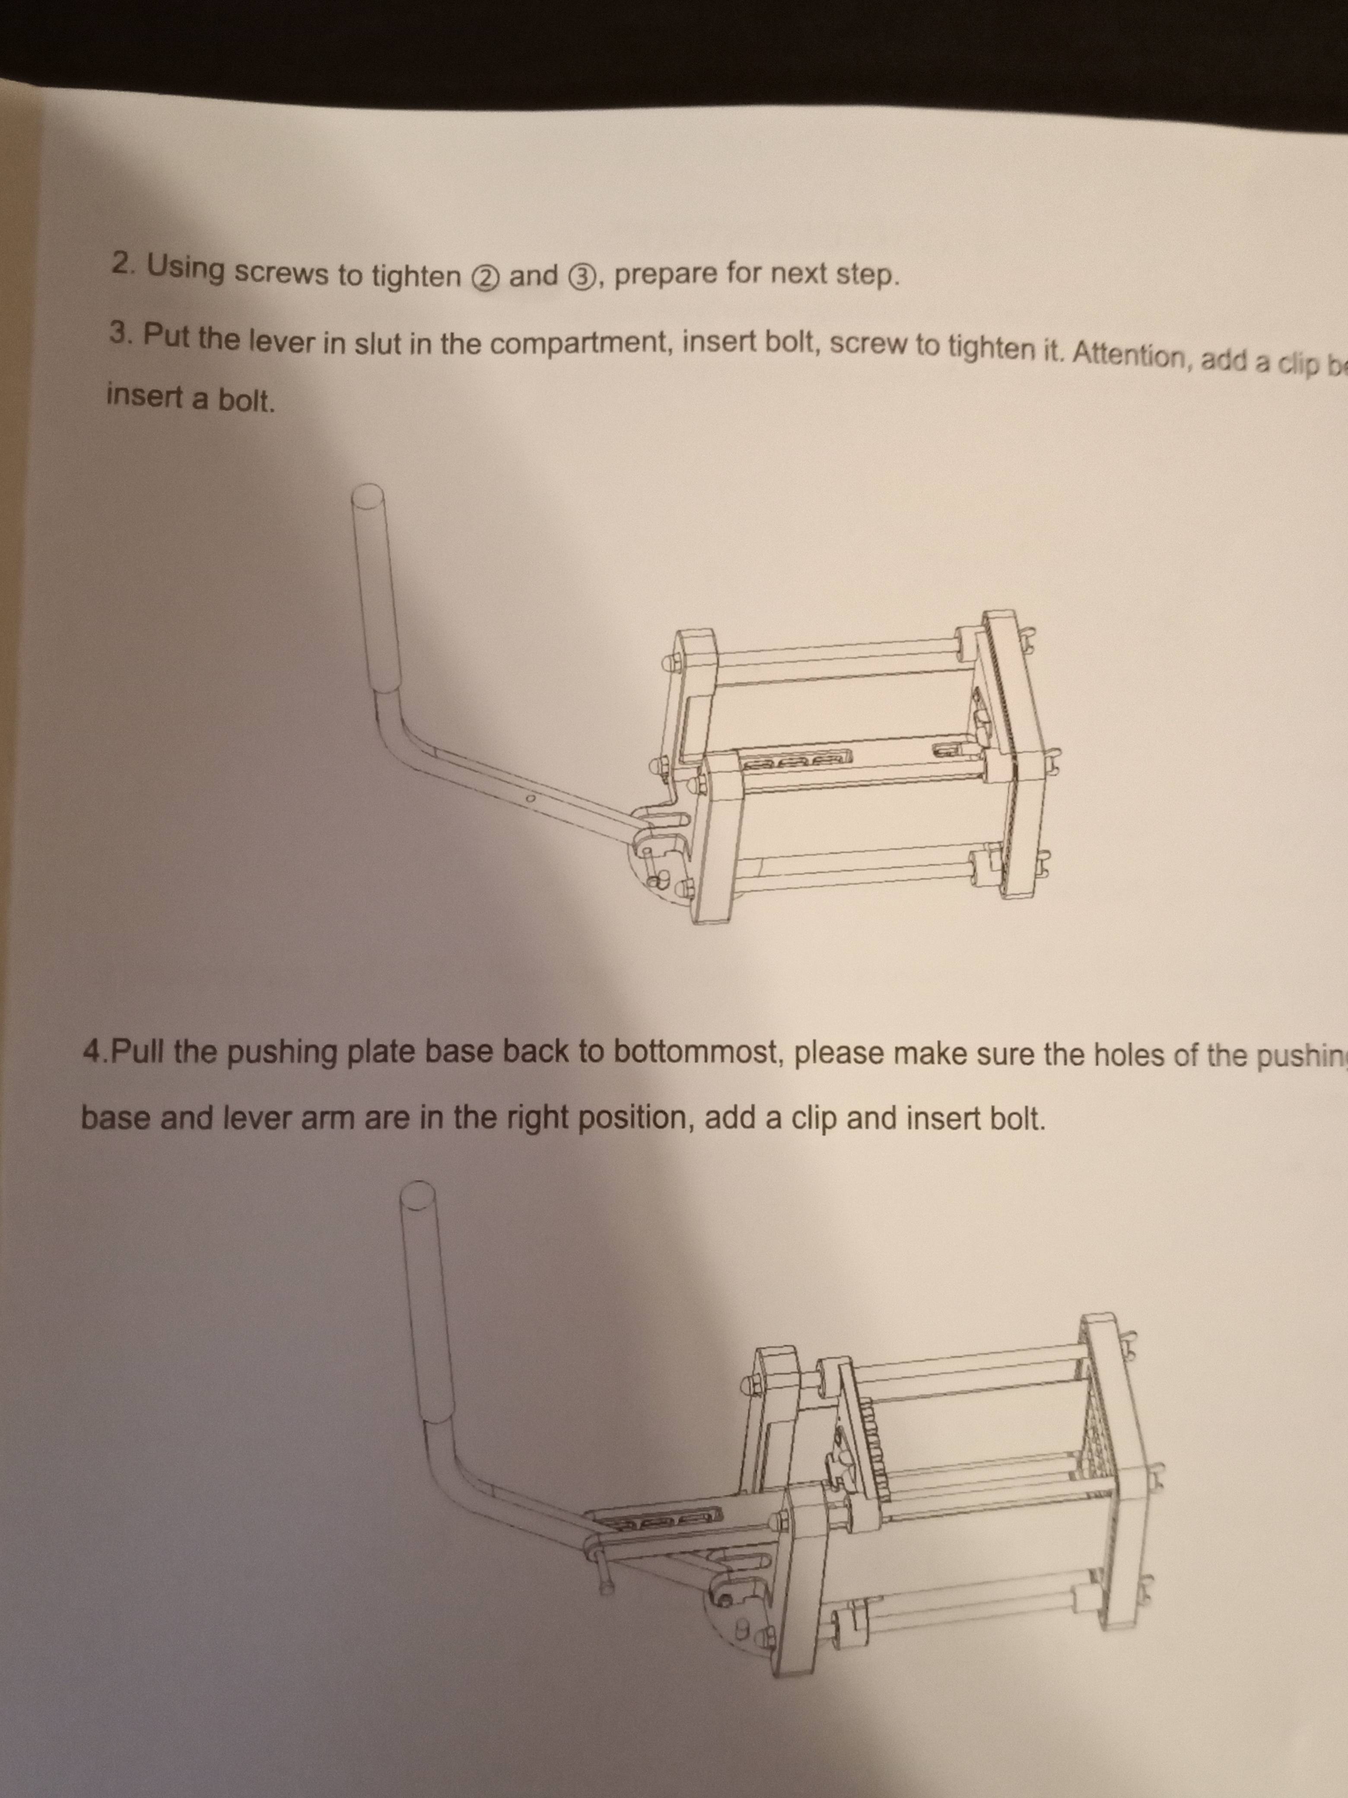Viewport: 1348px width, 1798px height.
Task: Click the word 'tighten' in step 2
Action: click(416, 276)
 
